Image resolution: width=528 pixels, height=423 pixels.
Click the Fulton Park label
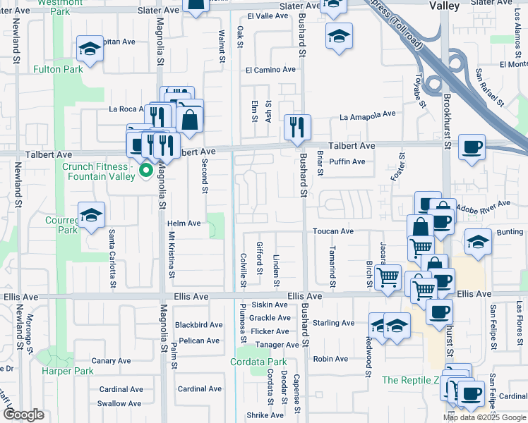57,69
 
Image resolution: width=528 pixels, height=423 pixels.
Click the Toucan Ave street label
334,231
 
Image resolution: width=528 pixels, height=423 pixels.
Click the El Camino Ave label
270,70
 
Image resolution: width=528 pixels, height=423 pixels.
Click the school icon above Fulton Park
90,49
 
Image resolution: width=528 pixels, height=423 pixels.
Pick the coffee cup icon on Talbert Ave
471,147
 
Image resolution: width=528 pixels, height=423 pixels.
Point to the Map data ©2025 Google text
484,417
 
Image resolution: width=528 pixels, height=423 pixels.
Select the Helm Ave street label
184,223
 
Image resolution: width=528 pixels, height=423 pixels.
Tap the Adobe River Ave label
483,205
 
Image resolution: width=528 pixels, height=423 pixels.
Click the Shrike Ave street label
265,415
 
